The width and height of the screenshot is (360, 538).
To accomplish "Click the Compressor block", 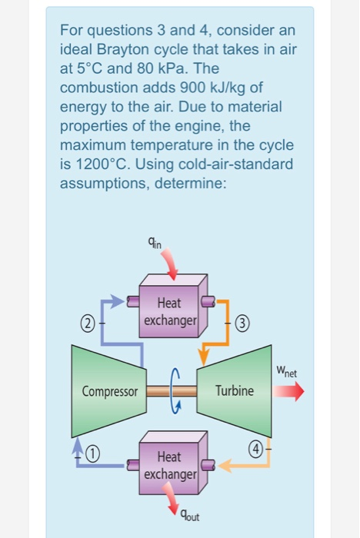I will [108, 390].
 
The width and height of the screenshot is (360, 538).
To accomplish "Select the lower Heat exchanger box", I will [172, 467].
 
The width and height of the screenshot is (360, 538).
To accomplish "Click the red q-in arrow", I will [172, 265].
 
